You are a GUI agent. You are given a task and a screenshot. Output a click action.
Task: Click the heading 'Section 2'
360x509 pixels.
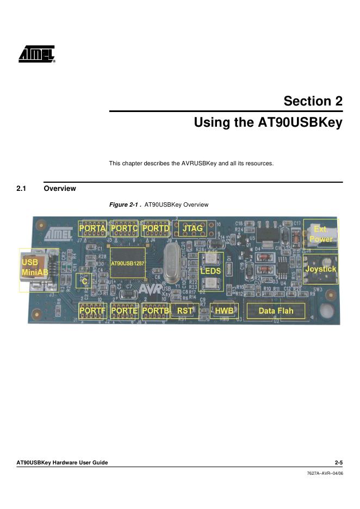click(x=313, y=101)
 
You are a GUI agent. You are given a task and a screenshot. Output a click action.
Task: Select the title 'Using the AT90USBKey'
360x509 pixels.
click(x=268, y=123)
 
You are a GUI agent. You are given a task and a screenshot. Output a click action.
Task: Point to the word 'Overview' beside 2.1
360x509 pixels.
click(x=60, y=189)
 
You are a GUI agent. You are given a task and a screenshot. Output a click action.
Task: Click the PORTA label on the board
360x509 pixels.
click(x=93, y=228)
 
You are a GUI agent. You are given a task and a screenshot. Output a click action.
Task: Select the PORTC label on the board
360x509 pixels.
click(x=124, y=228)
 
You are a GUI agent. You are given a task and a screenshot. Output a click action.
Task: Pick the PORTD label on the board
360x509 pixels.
click(x=156, y=228)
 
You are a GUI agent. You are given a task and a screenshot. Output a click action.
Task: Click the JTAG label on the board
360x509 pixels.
click(x=193, y=228)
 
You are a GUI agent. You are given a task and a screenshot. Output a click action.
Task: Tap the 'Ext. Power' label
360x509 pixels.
click(x=321, y=234)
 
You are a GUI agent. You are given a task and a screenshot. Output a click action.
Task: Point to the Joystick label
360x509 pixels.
click(x=321, y=269)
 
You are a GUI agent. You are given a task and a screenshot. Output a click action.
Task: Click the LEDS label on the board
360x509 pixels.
click(x=211, y=270)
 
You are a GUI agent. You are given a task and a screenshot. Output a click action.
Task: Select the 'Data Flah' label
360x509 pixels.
click(x=276, y=311)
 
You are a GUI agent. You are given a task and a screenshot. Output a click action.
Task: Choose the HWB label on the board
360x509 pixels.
click(x=225, y=311)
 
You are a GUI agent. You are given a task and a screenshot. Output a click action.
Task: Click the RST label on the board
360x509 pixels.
click(x=185, y=311)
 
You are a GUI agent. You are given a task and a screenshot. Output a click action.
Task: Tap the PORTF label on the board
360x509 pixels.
click(x=93, y=311)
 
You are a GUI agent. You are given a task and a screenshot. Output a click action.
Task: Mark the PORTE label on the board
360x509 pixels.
click(x=124, y=311)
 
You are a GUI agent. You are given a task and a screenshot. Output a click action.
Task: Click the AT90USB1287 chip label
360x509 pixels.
click(x=128, y=263)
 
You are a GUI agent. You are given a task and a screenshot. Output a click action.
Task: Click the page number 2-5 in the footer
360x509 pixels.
click(x=338, y=463)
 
